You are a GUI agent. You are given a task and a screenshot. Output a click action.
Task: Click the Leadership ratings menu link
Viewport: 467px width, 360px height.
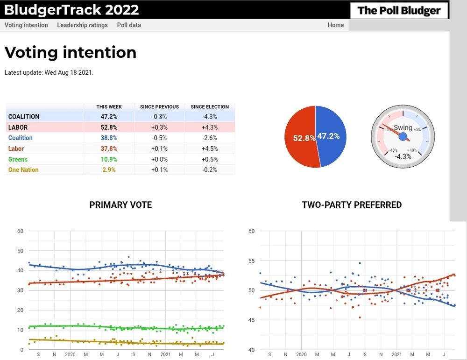[x=82, y=25]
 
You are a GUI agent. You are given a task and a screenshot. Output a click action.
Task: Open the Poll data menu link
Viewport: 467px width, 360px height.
[x=129, y=25]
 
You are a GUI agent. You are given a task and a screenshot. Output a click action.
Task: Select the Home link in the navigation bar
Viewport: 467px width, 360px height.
[x=335, y=25]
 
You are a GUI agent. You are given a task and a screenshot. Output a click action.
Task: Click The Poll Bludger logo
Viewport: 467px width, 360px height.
[x=399, y=10]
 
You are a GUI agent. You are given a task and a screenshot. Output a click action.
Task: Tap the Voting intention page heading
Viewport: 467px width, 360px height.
[x=71, y=52]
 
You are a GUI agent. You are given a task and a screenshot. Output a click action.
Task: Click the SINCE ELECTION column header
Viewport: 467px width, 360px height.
[x=210, y=107]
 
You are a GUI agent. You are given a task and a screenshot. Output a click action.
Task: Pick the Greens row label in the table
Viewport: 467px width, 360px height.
[x=18, y=159]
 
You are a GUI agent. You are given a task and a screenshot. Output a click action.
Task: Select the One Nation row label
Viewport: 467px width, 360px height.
[x=23, y=170]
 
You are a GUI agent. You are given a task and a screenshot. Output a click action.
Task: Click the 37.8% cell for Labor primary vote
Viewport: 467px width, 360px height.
[x=109, y=148]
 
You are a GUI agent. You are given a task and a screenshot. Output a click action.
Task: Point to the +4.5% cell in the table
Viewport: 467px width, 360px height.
[x=210, y=148]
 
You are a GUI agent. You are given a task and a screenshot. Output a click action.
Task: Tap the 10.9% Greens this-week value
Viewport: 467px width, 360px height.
[x=109, y=159]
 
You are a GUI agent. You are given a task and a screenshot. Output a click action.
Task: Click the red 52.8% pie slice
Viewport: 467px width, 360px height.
[x=299, y=138]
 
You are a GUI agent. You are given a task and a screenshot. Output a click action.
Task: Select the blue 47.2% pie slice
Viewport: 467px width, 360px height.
[x=331, y=136]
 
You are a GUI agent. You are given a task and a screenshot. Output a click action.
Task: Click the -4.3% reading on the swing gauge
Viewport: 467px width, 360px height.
[x=403, y=156]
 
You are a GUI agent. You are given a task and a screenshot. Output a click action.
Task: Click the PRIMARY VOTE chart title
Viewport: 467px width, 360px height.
[x=120, y=205]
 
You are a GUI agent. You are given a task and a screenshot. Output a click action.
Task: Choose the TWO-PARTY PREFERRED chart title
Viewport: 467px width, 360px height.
[x=352, y=205]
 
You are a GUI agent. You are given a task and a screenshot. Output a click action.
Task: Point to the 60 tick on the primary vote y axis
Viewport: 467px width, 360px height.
[x=20, y=231]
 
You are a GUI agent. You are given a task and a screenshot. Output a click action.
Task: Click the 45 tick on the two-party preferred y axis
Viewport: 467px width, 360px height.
[x=251, y=320]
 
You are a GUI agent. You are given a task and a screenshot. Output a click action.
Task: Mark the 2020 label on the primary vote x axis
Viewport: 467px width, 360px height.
[x=70, y=355]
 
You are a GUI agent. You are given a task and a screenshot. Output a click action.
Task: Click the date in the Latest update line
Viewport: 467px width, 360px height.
[x=69, y=73]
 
